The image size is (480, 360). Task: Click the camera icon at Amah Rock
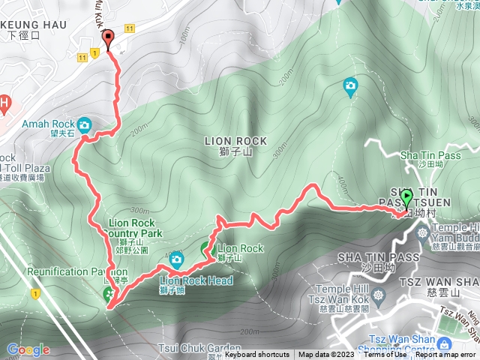pos(84,124)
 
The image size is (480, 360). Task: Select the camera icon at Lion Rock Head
pos(176,259)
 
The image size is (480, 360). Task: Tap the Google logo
pos(28,349)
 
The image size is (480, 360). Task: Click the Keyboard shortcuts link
pos(256,355)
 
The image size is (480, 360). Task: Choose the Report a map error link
pos(447,355)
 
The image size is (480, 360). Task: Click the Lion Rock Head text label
pos(196,280)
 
